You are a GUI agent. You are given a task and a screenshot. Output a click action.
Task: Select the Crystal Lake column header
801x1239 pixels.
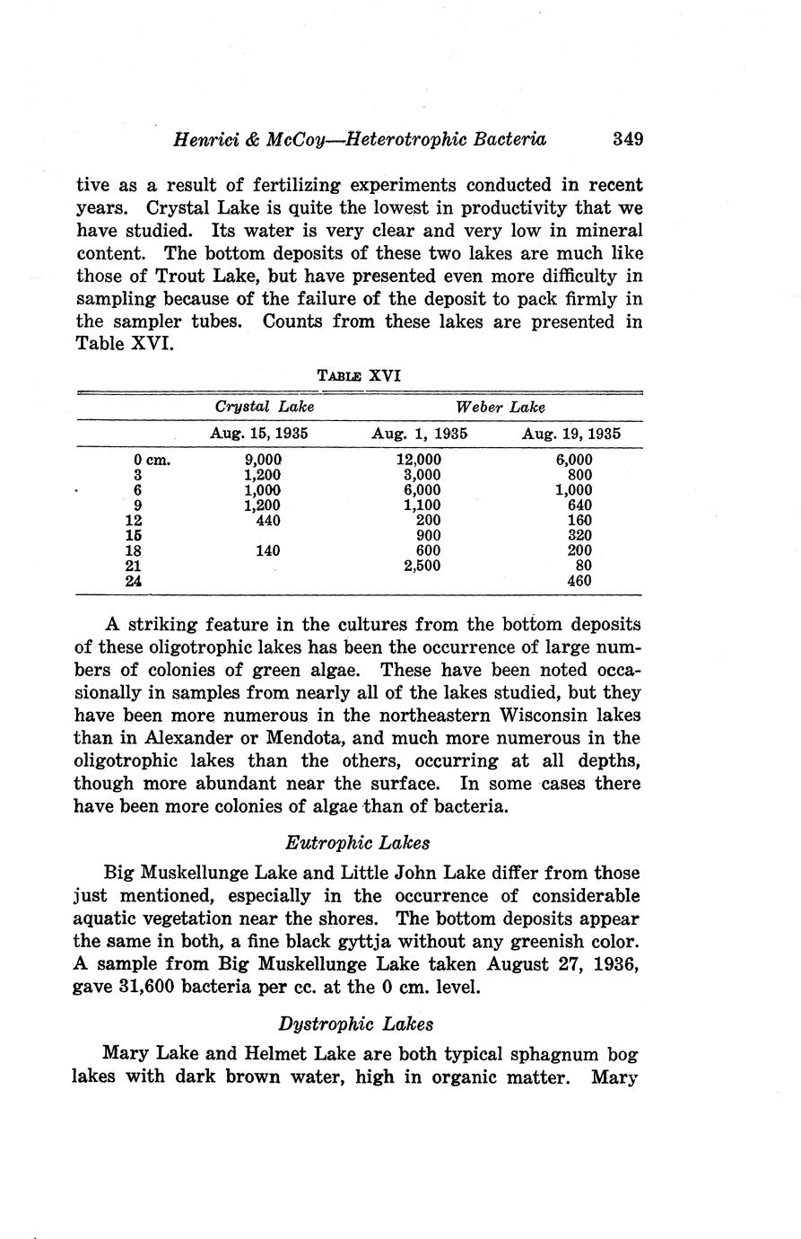coord(265,407)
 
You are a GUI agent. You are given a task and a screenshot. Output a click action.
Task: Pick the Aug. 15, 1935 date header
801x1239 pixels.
coord(259,433)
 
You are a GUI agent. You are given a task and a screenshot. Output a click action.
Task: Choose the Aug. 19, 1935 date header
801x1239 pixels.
coord(571,433)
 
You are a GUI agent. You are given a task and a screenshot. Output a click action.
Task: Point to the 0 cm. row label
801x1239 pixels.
coord(152,460)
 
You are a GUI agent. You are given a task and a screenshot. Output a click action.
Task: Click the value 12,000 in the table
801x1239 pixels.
coord(419,460)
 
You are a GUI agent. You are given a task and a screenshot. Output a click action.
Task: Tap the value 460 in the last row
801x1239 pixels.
coord(579,581)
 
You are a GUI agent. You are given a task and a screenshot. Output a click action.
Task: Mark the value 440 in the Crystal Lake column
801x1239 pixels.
coord(268,520)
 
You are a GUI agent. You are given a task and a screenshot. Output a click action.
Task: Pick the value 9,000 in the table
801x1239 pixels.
coord(262,460)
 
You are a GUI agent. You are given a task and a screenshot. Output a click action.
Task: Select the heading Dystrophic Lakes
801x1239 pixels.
coord(357,1024)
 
